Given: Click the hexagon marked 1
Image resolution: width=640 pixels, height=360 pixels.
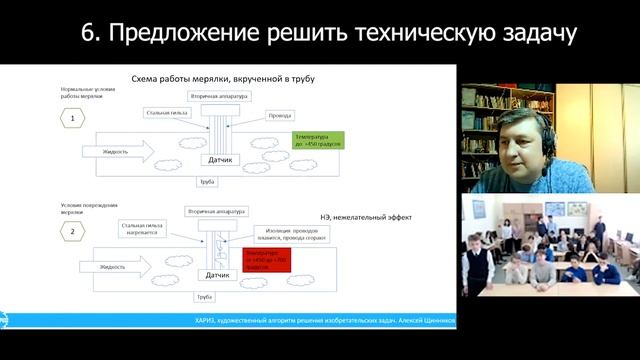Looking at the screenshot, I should coord(74,120).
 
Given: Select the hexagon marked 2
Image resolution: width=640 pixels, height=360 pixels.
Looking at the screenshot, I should coord(74,232).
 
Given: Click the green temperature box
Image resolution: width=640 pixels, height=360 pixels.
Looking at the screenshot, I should coord(318,140).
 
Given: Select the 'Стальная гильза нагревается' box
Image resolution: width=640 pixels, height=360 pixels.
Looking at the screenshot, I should coord(148,231).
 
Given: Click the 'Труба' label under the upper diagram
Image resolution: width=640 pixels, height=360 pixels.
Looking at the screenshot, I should coord(207,181).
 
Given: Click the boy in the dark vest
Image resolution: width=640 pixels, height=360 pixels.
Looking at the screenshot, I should coord(479,266).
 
